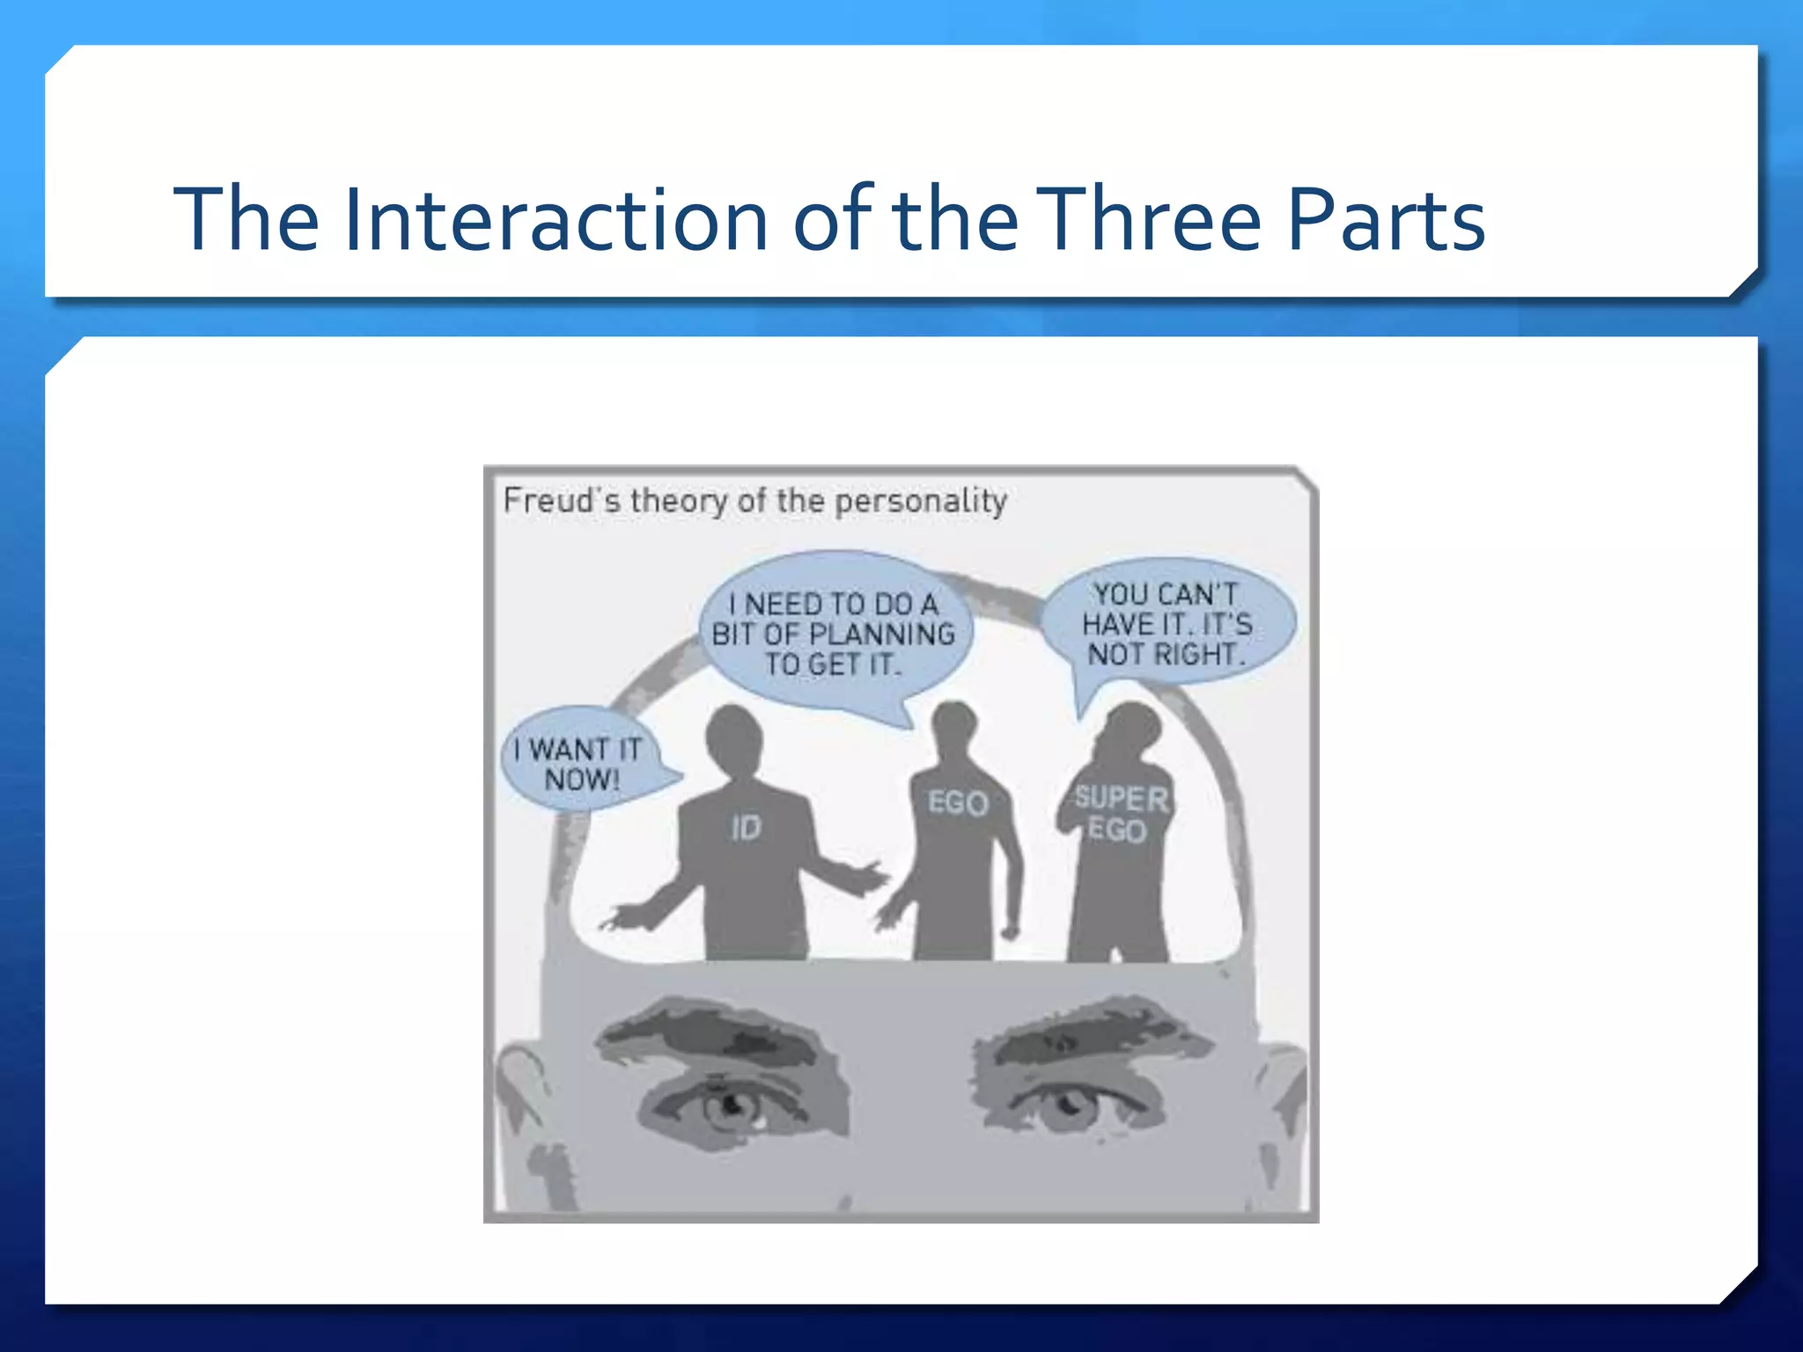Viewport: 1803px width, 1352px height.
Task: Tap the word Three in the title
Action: (x=1152, y=220)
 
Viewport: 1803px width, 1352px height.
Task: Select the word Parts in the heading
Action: (x=1386, y=220)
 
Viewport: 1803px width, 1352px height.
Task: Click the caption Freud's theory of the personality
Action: (x=754, y=501)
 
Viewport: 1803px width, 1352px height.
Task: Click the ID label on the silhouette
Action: (x=746, y=827)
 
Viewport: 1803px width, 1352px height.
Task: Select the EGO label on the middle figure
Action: (x=958, y=803)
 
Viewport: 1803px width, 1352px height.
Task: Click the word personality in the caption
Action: (x=920, y=502)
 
